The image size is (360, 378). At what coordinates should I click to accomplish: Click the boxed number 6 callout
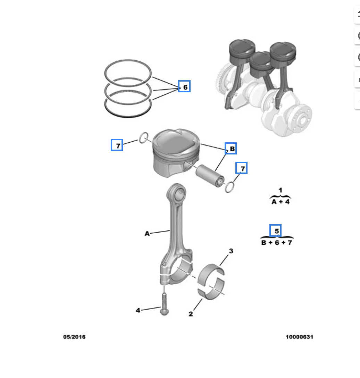pos(184,86)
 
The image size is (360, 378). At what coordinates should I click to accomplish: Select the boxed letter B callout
pos(231,148)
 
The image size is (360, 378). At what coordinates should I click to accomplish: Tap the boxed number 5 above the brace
pos(275,230)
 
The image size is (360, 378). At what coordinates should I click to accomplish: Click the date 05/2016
pos(74,337)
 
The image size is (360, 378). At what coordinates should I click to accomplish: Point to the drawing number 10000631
pos(299,337)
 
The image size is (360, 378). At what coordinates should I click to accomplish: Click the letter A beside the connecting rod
pos(147,233)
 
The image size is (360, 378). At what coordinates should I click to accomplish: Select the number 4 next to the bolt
pos(138,310)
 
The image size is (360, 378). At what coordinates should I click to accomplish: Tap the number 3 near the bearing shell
pos(231,251)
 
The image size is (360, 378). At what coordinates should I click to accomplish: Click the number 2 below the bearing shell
pos(191,314)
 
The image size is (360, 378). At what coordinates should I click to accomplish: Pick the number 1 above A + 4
pos(281,190)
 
